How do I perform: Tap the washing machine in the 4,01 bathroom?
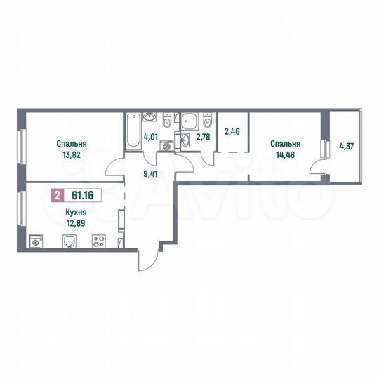(x=166, y=146)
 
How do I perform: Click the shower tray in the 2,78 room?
(x=189, y=121)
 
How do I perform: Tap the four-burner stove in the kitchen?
(x=99, y=242)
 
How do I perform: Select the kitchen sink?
(x=69, y=242)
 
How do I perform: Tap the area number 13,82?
(x=67, y=154)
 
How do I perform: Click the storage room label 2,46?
(x=232, y=131)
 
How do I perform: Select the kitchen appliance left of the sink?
(x=36, y=243)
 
